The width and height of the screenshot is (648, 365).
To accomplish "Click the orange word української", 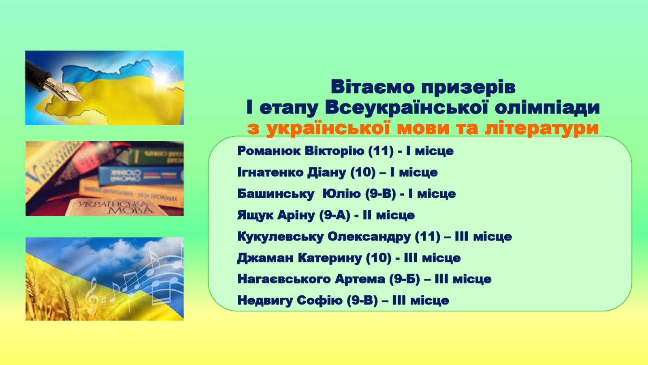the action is click(x=329, y=128).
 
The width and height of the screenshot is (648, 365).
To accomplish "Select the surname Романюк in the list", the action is click(x=269, y=151).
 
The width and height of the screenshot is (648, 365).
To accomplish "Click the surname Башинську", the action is click(x=275, y=194).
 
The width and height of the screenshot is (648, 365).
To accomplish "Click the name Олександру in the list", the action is click(x=369, y=237).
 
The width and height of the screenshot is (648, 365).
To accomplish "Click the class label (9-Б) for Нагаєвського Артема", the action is click(x=405, y=279).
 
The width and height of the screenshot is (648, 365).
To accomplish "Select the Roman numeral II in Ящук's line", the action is click(x=367, y=215).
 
